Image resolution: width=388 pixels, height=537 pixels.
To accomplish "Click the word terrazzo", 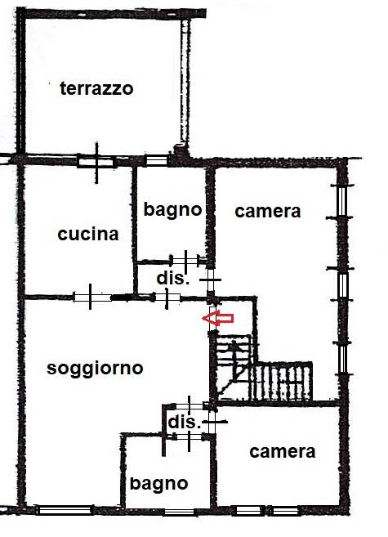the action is coord(96,88).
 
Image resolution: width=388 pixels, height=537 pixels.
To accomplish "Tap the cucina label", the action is coord(88,234).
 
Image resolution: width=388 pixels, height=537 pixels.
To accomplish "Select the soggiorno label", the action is coord(95,369).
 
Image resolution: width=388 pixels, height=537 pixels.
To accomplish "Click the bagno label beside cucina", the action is coord(172,209).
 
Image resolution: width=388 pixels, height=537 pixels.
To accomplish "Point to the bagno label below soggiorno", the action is coord(158,484).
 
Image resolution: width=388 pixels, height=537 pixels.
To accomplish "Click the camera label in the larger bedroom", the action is coord(268,212).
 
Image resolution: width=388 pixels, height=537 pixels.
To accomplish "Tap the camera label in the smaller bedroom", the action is coord(283,452).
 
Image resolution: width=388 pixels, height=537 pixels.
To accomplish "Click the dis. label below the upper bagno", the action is coord(173,278).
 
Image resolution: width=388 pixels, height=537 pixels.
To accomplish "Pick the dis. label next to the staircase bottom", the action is coord(184,422).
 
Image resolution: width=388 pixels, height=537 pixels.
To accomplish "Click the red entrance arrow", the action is coord(218,318).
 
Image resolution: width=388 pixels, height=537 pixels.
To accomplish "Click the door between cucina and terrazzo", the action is coord(96,161).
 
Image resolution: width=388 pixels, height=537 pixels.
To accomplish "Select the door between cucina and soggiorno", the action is coord(91,297).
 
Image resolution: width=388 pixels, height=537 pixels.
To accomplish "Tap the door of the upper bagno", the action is coord(185,261).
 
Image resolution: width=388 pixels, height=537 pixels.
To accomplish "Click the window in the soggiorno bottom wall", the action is coord(65,510).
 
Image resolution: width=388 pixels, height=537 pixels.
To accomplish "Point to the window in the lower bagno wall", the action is coord(179,512).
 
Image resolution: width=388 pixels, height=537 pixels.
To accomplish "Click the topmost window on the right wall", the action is coord(341,201).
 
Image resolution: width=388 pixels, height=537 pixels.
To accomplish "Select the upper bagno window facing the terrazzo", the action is coord(156,160).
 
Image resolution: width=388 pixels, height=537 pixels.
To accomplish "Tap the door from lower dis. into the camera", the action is coord(212,422).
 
